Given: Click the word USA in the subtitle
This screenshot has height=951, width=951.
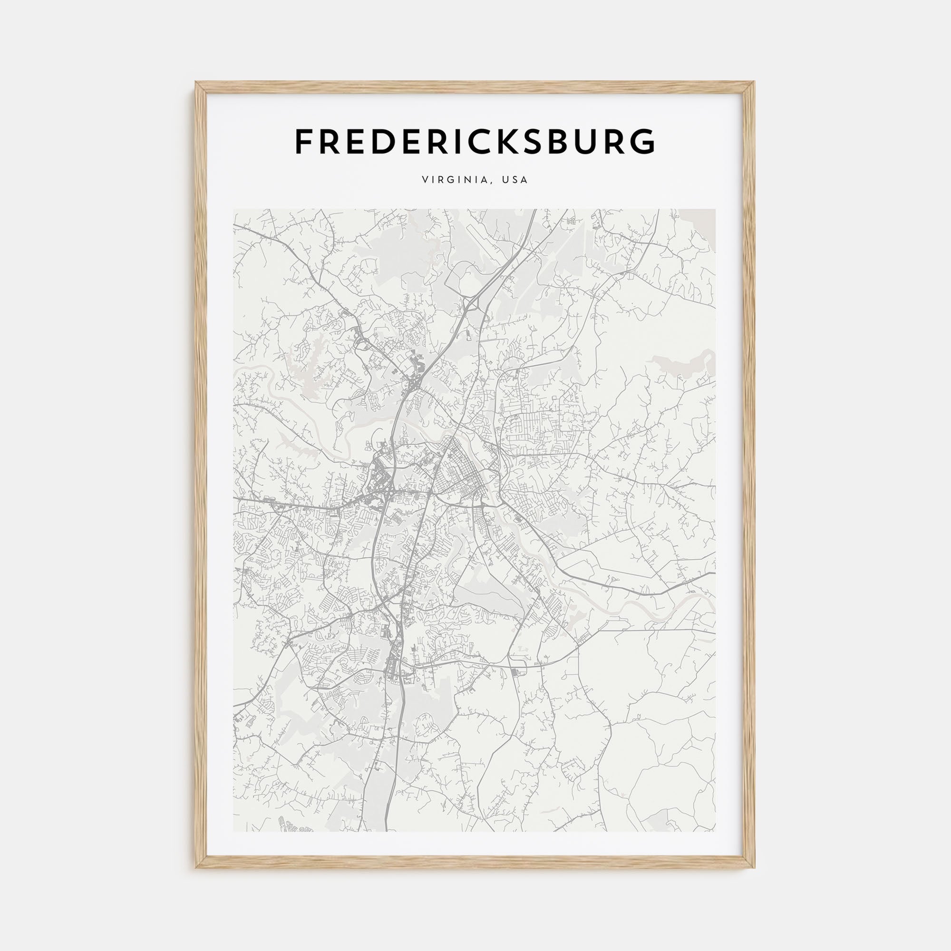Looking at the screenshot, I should tap(515, 180).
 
